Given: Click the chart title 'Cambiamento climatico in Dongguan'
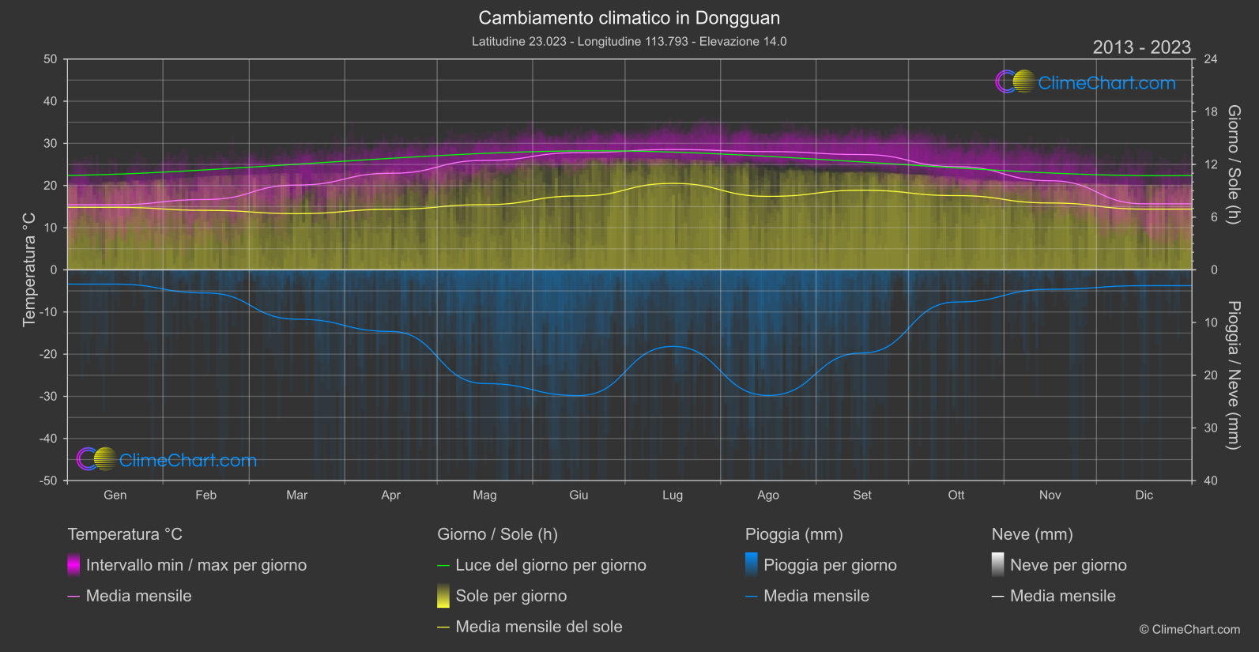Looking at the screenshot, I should pos(629,18).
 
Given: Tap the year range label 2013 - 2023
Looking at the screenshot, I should pos(1141,47).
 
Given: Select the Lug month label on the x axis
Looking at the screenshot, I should pos(673,496).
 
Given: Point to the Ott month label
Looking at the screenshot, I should pos(956,496).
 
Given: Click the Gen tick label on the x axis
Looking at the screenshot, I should pos(115,496).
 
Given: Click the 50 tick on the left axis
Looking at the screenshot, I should pos(51,59).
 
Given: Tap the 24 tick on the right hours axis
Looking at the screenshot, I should pos(1210,59).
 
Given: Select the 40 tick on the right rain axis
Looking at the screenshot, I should pos(1210,481).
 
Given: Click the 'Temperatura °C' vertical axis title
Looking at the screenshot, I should pos(29,269).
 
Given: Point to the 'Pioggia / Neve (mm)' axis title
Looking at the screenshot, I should pos(1233,375).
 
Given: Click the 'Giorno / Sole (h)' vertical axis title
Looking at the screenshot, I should pos(1233,164).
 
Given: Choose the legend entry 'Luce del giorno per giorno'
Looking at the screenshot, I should pos(551,565).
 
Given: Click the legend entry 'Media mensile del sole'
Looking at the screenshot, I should pos(539,627).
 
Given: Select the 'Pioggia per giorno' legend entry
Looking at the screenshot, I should pos(830,565).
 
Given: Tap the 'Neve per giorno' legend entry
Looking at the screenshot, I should pos(1069,565).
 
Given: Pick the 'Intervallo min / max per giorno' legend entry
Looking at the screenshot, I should pos(196,565).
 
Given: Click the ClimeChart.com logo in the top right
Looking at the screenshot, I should pos(1086,82).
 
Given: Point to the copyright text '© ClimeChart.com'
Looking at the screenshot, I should pos(1189,629).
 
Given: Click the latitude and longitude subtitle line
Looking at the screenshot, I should pos(629,41).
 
